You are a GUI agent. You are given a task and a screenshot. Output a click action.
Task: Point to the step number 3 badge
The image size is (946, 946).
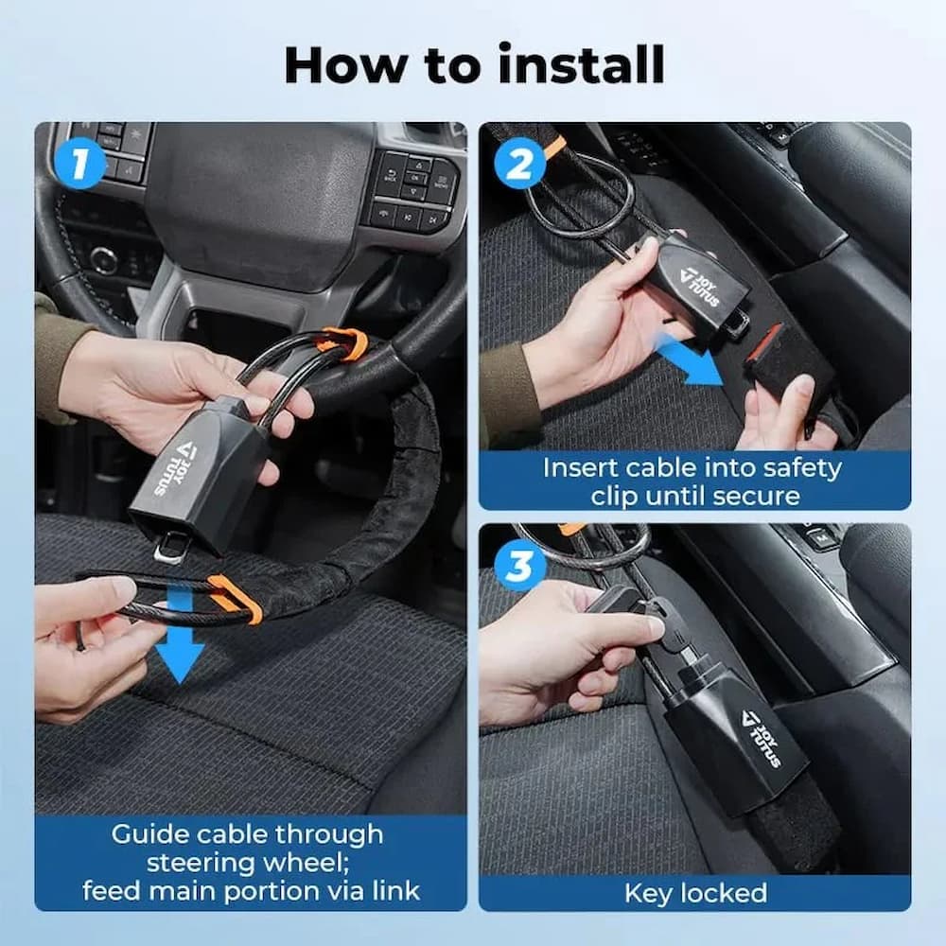pyautogui.click(x=520, y=566)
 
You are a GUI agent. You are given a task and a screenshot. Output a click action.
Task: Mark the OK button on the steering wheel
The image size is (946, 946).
pyautogui.click(x=416, y=177)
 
